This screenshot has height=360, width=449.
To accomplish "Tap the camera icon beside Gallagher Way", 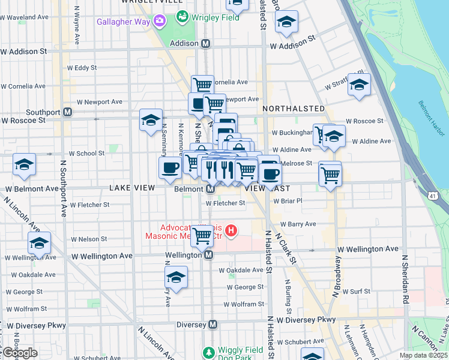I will click(160, 22).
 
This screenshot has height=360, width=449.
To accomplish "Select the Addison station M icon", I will click(206, 44).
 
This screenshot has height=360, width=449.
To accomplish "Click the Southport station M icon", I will click(68, 112).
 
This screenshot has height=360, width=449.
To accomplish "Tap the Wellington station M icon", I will click(209, 255).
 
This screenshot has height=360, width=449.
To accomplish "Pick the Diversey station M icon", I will click(213, 325).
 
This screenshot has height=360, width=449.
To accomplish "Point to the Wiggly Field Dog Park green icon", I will click(208, 352).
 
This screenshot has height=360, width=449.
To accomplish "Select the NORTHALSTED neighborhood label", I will click(294, 109).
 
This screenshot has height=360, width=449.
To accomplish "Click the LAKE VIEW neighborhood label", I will click(133, 188).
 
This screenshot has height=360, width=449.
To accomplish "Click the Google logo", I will click(19, 353).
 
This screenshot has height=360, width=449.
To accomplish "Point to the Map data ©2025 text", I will click(423, 355).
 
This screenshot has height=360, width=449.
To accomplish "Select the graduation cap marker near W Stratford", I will click(359, 85).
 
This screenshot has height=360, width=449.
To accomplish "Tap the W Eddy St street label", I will click(83, 68).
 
